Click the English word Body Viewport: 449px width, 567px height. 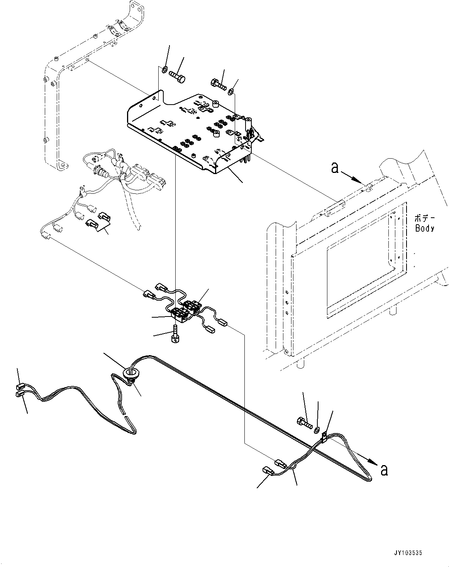pos(425,228)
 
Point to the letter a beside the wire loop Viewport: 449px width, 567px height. pos(383,470)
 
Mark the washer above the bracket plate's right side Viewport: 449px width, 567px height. pos(230,92)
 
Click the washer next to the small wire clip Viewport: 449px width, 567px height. pos(317,430)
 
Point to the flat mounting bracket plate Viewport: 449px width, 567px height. pos(189,131)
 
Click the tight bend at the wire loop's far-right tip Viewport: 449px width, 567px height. pos(370,480)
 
